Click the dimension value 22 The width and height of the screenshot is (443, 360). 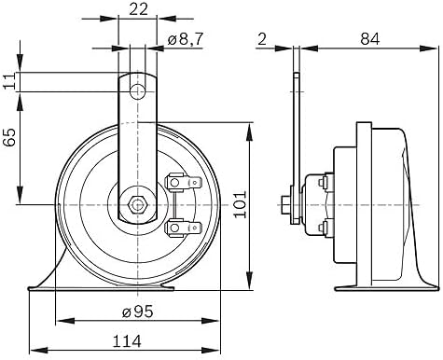point(138,9)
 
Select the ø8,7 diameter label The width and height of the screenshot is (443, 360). point(186,39)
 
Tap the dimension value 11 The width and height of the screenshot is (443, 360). point(9,81)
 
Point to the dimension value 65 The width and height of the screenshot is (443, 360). point(9,137)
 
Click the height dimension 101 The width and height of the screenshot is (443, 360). point(240,204)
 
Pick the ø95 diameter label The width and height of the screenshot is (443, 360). point(138,312)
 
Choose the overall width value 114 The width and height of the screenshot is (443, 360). point(127,341)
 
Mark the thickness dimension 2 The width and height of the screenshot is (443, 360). point(262,39)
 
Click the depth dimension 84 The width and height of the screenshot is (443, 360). point(370,39)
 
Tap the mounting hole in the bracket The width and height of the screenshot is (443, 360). point(137,91)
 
